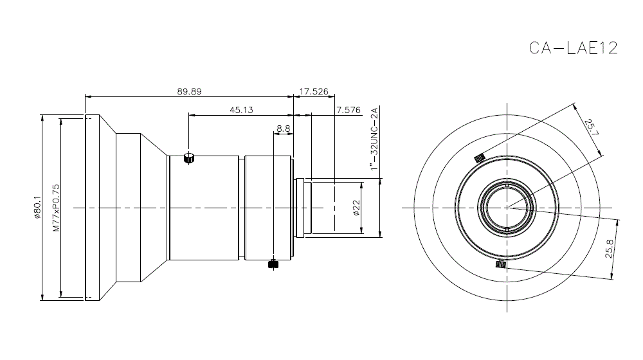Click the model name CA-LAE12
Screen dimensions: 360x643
tap(573, 49)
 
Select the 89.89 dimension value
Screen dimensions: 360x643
tap(190, 91)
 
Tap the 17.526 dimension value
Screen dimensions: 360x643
tap(315, 91)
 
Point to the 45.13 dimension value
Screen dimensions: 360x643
tap(241, 110)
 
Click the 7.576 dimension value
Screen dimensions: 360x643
tap(348, 110)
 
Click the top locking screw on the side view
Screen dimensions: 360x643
tap(189, 158)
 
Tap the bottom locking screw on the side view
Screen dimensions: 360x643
tap(273, 264)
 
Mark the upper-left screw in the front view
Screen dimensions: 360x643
tap(478, 158)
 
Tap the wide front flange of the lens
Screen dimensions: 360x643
tap(92, 208)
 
